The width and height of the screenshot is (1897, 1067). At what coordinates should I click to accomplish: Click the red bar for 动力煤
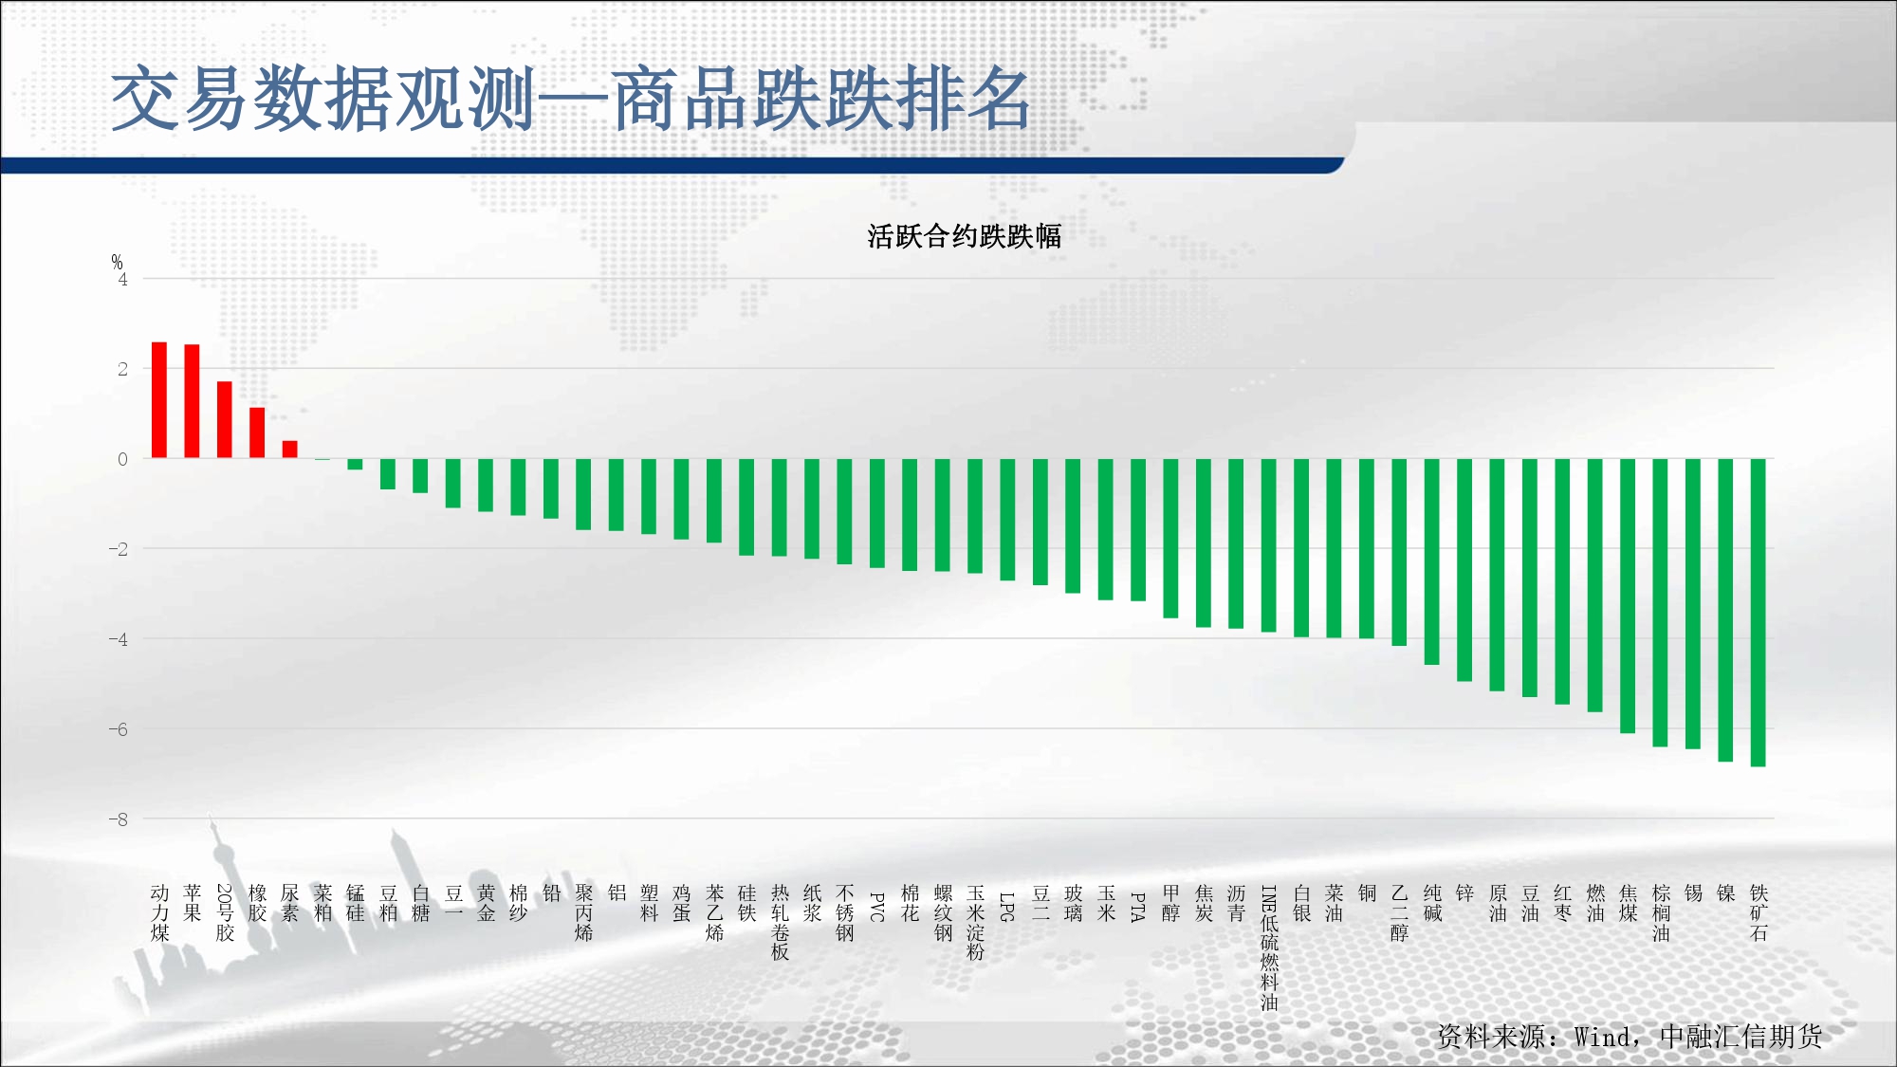159,400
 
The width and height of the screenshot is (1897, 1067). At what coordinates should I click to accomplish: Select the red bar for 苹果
192,401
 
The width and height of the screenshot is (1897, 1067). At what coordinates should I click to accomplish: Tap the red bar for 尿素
290,450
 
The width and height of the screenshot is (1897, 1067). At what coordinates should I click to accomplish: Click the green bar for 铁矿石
1758,613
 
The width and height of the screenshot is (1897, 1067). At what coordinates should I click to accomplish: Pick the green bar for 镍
1725,610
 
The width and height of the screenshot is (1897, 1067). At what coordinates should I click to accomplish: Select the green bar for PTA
1138,530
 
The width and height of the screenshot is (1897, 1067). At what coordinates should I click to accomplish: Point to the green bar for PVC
877,513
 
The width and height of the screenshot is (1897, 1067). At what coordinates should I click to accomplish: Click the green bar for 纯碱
1432,561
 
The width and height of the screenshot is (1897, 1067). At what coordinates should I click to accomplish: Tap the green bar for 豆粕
388,474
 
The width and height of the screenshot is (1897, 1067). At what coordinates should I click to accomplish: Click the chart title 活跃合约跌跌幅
964,236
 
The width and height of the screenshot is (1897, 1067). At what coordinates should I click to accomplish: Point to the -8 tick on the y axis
118,819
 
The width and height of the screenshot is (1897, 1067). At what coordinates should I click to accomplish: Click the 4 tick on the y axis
122,280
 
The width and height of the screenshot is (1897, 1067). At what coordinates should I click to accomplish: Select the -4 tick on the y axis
118,639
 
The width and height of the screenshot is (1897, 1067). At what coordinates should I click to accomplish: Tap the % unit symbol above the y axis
117,262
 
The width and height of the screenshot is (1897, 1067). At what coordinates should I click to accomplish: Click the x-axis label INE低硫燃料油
1269,947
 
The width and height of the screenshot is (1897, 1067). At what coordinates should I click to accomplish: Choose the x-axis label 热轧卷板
780,923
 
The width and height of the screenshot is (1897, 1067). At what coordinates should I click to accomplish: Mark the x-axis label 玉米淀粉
975,923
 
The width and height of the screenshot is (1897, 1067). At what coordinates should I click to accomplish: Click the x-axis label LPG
1007,907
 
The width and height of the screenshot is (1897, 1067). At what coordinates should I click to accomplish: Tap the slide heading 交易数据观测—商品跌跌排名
571,99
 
